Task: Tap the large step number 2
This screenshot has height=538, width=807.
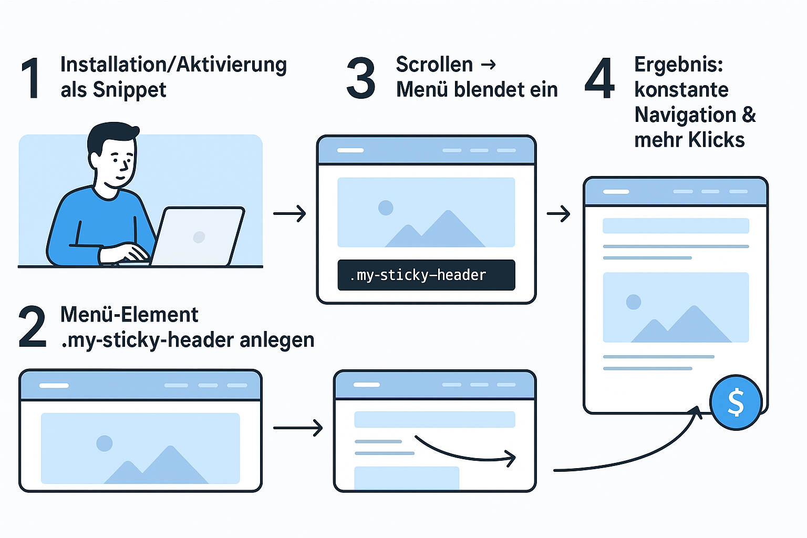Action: click(32, 327)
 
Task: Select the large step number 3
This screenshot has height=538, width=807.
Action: click(361, 79)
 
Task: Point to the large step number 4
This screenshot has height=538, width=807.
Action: click(599, 78)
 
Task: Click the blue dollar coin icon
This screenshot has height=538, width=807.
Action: click(736, 402)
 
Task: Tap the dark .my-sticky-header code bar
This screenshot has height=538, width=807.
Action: click(426, 275)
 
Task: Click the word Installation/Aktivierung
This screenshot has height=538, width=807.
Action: click(173, 65)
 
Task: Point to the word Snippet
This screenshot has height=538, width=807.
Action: click(129, 90)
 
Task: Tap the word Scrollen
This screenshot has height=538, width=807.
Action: click(434, 65)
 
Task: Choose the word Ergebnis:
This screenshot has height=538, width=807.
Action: click(678, 65)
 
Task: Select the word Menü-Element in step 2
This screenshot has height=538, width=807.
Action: click(129, 315)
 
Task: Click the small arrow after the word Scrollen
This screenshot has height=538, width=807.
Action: click(489, 65)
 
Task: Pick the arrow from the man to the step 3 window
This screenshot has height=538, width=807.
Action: click(289, 213)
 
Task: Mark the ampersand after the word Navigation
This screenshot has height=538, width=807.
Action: click(749, 115)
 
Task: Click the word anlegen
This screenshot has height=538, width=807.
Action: click(277, 340)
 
